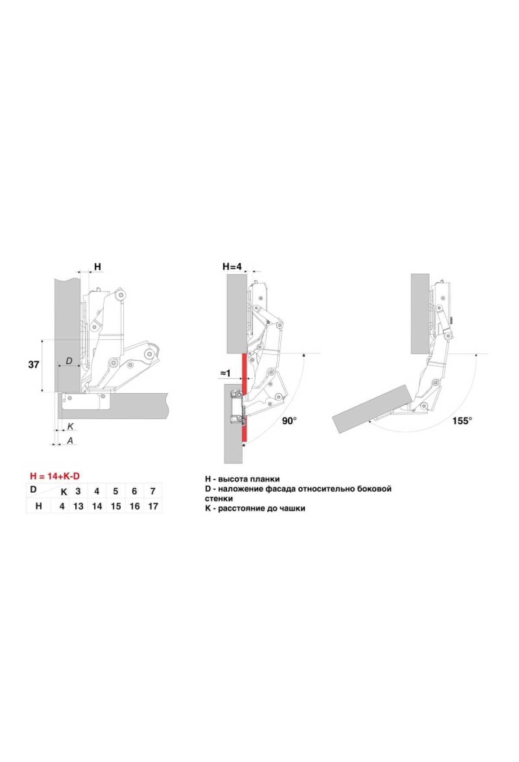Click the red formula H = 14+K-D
(55, 476)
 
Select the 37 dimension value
(34, 365)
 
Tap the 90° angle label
(289, 420)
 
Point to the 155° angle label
(462, 420)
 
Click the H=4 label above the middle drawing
(232, 267)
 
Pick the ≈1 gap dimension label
(225, 373)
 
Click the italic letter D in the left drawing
(69, 361)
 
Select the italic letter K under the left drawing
(70, 426)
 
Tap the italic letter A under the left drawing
(70, 441)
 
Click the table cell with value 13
(78, 506)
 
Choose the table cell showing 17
(153, 506)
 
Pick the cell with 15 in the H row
(116, 506)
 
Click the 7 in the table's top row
(153, 491)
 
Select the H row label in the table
(38, 506)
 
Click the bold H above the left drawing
(98, 267)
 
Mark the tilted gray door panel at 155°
(372, 409)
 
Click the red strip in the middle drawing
(244, 397)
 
